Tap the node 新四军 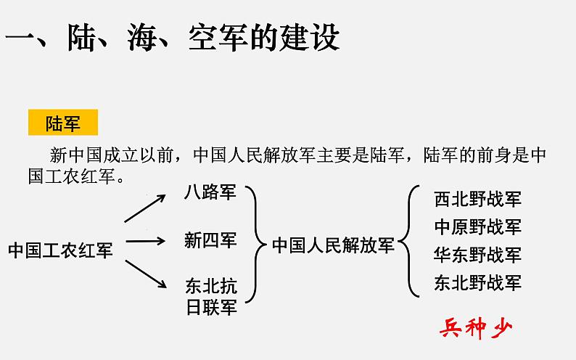[x=210, y=240]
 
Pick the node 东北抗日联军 [x=210, y=295]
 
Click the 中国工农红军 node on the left [x=60, y=251]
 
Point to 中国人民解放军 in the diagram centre [x=333, y=245]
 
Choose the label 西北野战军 [x=477, y=199]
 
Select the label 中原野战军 [x=477, y=226]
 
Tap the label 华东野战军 [x=477, y=255]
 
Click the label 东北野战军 [x=477, y=282]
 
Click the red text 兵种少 [x=476, y=329]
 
